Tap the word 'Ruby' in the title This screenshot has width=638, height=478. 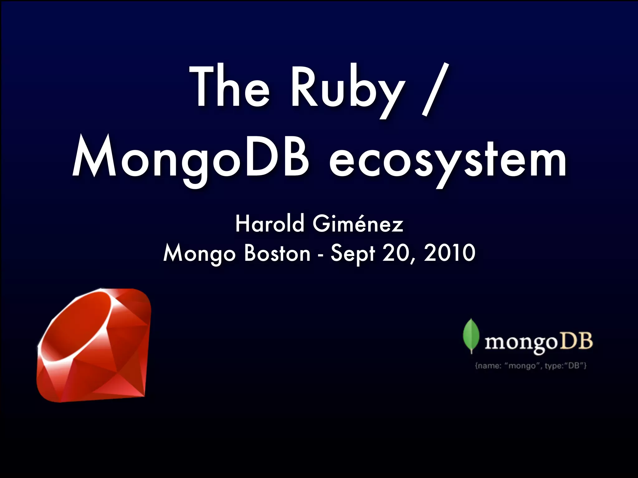348,89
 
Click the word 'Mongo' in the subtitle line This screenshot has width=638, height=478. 199,254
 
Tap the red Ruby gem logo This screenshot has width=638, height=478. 93,345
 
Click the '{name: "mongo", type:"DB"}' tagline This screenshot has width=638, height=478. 531,366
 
